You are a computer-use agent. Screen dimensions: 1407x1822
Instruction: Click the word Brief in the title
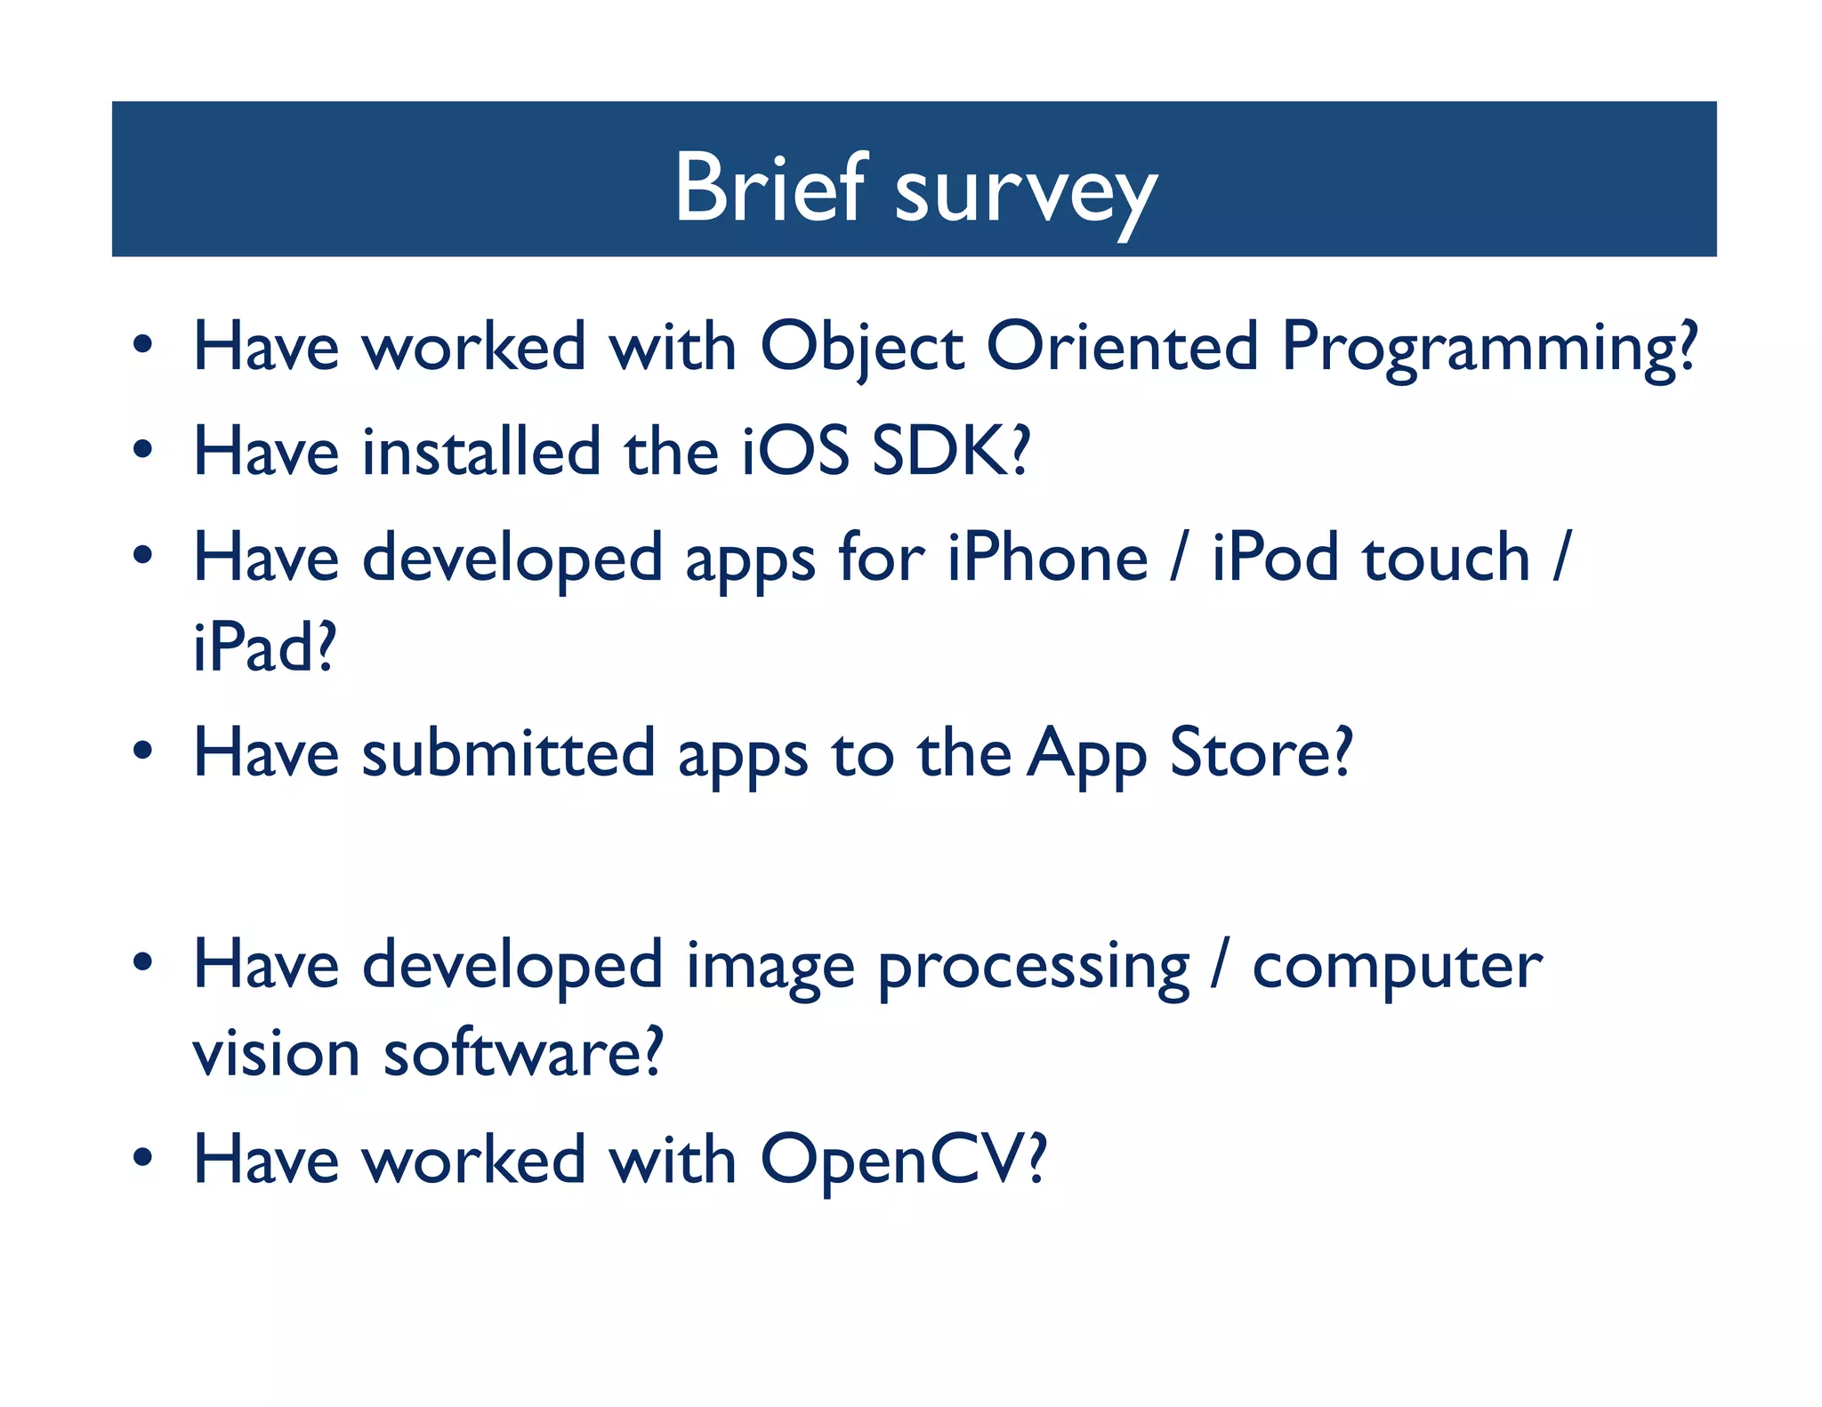(770, 188)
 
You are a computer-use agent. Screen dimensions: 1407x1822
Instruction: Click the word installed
(481, 451)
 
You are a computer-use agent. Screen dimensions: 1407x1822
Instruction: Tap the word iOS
(795, 451)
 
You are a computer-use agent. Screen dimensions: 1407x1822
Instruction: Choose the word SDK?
(950, 451)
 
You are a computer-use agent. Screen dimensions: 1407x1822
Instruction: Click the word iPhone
(1047, 558)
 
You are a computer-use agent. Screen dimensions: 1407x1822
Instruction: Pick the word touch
(1446, 558)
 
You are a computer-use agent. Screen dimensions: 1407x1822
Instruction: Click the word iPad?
(264, 647)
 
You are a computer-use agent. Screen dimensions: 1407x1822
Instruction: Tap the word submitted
(508, 753)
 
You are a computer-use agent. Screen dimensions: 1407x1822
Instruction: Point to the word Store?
(1261, 753)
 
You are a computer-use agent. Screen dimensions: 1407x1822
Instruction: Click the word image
(770, 968)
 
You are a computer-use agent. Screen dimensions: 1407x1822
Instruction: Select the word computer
(1397, 968)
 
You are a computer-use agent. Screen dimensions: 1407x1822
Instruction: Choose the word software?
(523, 1054)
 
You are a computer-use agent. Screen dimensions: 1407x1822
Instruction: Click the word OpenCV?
(903, 1161)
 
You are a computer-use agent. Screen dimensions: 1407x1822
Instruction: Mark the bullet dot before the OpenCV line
(142, 1158)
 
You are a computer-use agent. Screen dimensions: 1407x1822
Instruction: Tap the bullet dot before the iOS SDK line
(142, 449)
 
